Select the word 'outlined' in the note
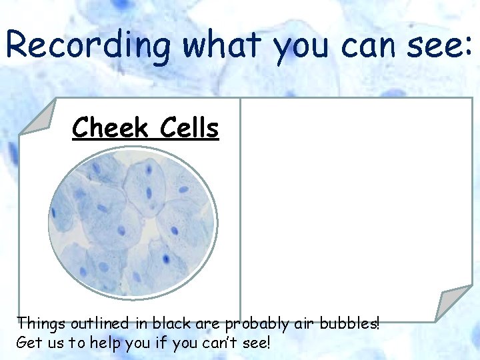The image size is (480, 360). [x=94, y=324]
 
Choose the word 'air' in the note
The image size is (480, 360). [x=303, y=324]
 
